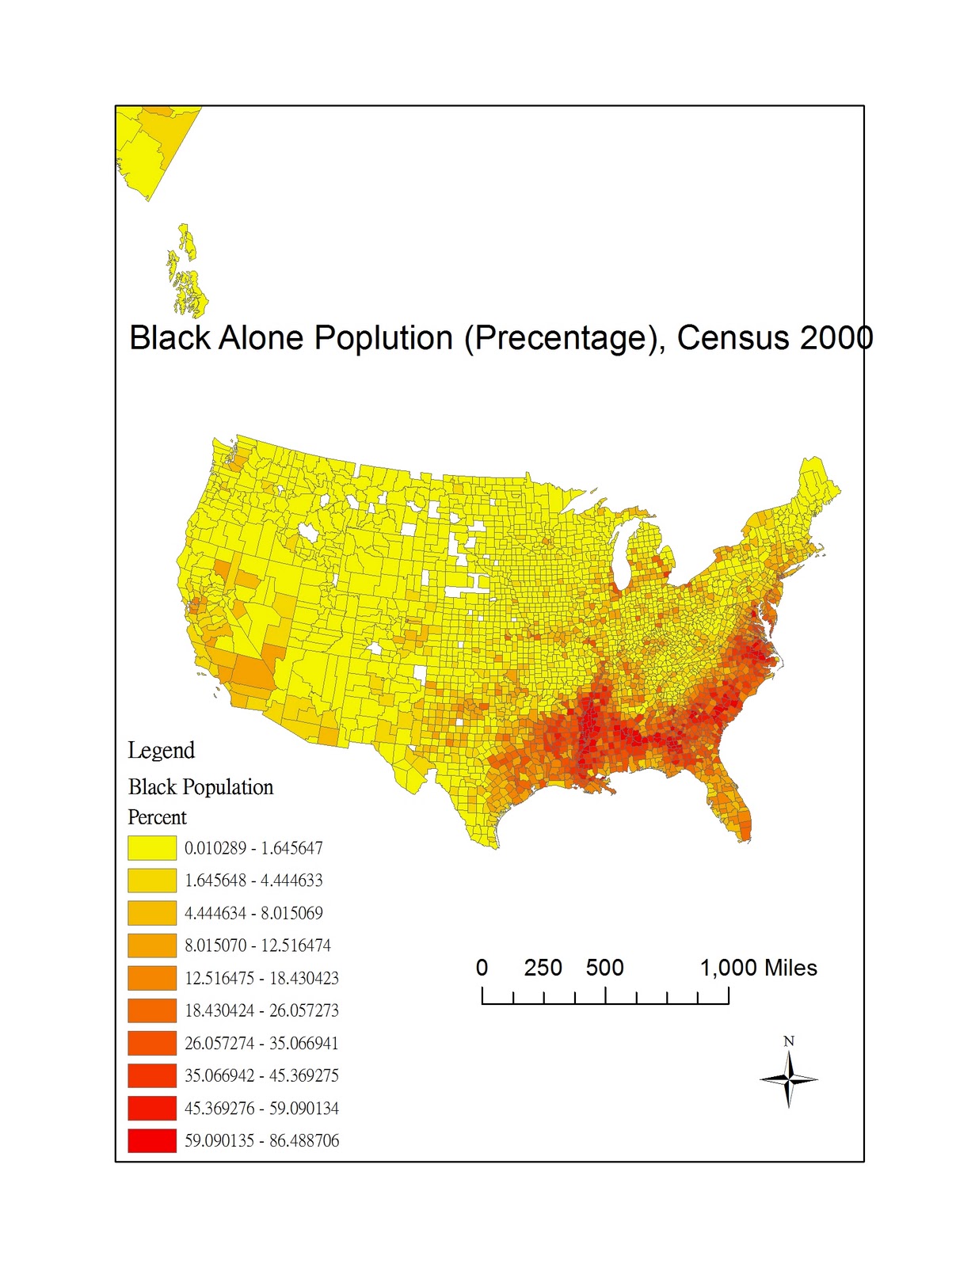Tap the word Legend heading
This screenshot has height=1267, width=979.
click(161, 750)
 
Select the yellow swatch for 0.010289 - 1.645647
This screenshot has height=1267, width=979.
click(152, 848)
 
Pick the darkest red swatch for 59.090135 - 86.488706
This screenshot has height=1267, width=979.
click(152, 1140)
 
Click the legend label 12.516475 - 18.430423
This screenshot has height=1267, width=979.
click(261, 978)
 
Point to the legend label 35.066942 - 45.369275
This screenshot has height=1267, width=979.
click(261, 1075)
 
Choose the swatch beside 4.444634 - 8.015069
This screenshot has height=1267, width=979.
click(152, 913)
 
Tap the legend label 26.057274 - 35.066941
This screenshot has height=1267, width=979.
click(261, 1043)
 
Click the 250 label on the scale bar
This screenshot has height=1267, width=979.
click(543, 968)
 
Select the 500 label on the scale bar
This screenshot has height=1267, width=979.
click(604, 968)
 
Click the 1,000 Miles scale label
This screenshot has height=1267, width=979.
click(758, 968)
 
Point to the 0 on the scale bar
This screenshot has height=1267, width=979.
click(482, 968)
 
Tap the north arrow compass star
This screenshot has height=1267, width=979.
click(788, 1079)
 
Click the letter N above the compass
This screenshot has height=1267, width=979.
click(788, 1041)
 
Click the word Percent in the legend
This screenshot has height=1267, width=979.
click(157, 817)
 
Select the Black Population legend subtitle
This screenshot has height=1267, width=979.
click(200, 787)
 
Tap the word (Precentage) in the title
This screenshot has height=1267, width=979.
click(566, 338)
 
